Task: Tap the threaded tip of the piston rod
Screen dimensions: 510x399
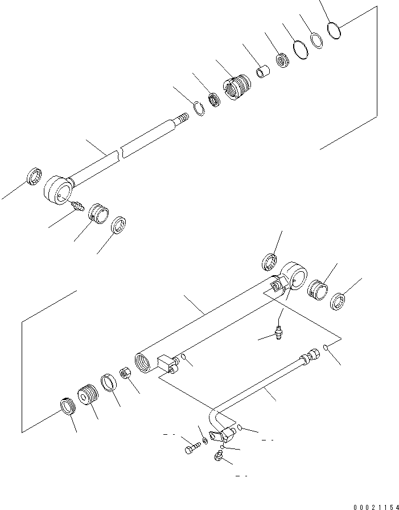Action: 183,118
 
